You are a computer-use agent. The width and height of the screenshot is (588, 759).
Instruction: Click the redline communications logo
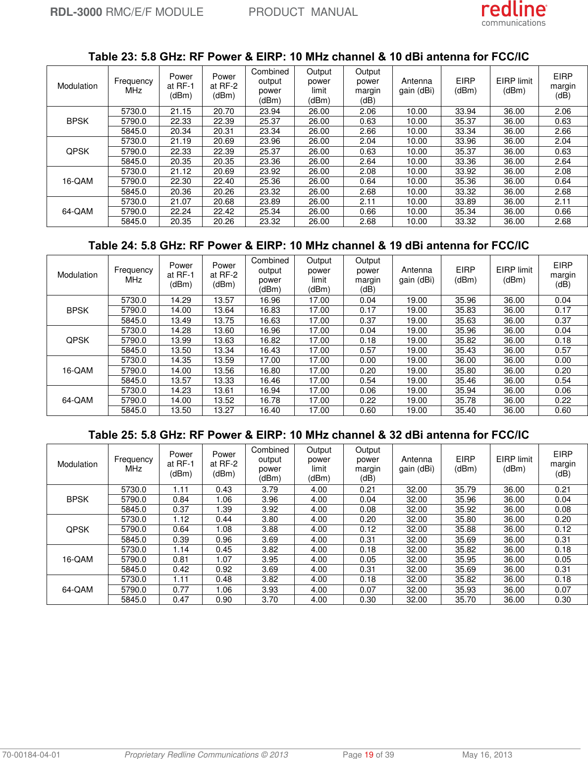point(514,14)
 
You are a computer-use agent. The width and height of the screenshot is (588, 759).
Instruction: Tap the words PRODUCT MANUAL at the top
point(303,12)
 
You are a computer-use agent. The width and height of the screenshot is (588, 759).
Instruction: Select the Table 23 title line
point(308,57)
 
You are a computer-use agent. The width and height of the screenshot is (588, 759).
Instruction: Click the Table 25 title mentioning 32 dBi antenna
point(308,435)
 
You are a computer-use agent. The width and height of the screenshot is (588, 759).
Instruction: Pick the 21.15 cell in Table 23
point(181,112)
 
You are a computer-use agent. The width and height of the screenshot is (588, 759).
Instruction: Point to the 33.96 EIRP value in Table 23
point(465,141)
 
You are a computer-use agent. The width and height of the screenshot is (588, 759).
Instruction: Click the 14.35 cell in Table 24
point(181,360)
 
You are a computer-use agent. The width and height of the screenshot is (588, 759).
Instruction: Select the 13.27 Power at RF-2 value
point(223,410)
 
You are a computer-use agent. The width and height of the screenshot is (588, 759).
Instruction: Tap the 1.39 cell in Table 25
point(223,510)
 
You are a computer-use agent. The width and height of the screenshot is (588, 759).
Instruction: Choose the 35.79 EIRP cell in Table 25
point(465,490)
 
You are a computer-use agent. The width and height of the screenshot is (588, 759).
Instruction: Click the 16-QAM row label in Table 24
point(77,370)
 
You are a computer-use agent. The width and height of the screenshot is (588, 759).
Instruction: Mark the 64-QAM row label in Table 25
point(77,589)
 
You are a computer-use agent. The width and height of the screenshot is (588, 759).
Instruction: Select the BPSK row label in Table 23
point(77,121)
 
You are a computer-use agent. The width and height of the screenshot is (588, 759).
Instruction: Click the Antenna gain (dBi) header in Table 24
point(417,275)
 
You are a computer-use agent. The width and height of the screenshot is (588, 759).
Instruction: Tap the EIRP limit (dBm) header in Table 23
point(514,86)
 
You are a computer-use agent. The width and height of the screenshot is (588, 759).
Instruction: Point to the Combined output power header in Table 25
point(269,464)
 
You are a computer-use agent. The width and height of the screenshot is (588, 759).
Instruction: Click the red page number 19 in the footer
point(369,755)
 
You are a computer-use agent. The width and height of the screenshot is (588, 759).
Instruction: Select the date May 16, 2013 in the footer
point(487,755)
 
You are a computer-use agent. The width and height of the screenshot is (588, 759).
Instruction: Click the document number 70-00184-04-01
point(31,755)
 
